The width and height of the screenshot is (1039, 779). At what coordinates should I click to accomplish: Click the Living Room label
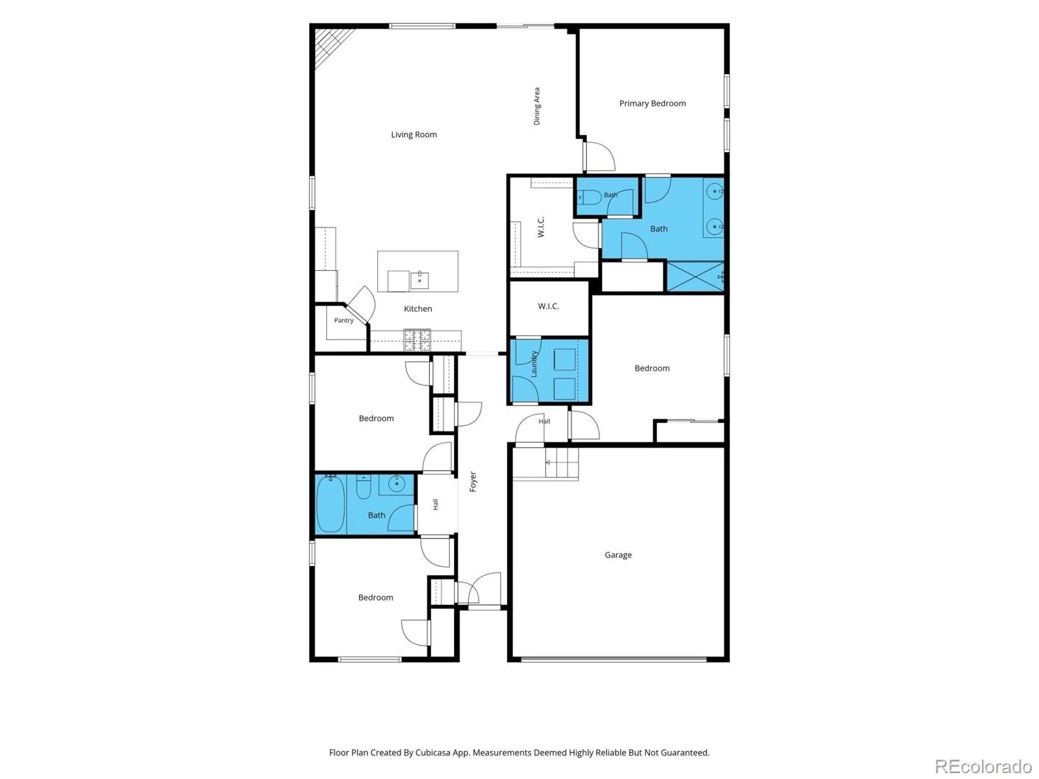click(x=414, y=135)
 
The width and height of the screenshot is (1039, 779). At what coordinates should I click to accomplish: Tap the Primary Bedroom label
click(x=652, y=104)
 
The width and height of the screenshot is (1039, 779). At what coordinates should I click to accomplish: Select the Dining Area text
click(x=537, y=106)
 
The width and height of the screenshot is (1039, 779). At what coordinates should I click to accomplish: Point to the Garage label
click(x=618, y=555)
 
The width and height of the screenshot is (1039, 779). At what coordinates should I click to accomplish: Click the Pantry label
click(x=344, y=320)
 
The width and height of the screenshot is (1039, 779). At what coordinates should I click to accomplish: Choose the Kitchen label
click(x=418, y=309)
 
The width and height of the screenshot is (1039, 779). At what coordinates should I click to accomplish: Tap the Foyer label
click(x=473, y=481)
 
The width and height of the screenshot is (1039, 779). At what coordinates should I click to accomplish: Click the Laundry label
click(x=534, y=364)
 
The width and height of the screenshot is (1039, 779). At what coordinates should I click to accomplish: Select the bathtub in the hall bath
click(x=330, y=504)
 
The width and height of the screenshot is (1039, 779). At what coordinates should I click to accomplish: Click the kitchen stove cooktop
click(x=417, y=340)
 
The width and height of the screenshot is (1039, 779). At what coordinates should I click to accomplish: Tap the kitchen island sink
click(x=419, y=280)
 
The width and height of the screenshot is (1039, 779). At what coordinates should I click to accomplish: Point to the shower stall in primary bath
click(x=695, y=276)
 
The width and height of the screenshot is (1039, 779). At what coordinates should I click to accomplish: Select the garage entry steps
click(x=562, y=463)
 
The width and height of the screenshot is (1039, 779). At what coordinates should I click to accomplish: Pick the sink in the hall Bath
click(x=395, y=484)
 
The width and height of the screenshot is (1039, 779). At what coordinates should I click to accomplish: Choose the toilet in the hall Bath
click(x=363, y=487)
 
